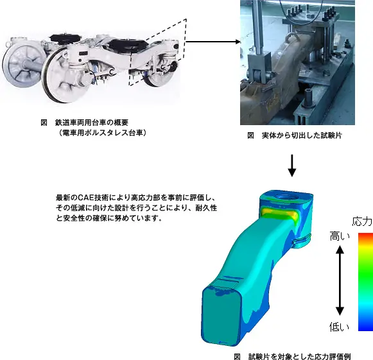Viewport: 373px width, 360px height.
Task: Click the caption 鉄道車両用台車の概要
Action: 92,123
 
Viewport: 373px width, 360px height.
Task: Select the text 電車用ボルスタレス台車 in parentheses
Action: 102,133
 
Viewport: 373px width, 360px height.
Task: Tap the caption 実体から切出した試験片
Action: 302,135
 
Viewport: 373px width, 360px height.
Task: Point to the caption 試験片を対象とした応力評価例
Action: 300,356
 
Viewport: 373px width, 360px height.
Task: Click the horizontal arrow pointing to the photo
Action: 213,42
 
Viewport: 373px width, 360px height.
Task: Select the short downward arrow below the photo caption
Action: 292,166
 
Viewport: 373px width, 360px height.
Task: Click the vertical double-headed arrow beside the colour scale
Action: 340,280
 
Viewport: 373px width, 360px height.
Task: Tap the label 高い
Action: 340,236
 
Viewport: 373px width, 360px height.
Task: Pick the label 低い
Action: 339,327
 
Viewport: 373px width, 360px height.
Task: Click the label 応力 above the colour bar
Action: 362,221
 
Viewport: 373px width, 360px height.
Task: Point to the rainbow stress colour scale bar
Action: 366,282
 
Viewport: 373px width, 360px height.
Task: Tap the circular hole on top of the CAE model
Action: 286,198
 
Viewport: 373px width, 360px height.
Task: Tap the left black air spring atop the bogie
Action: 66,39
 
